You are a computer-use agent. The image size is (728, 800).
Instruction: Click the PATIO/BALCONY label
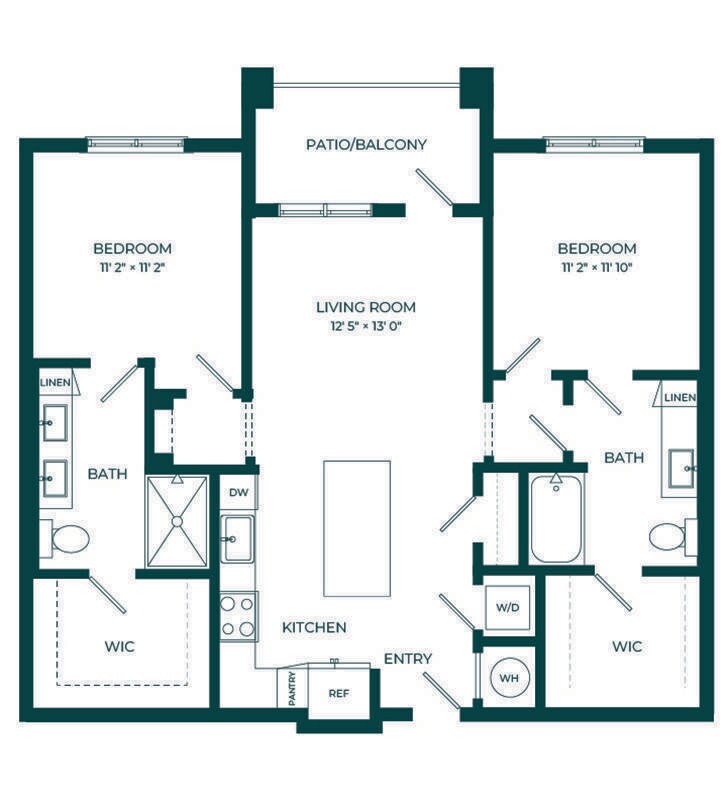pyautogui.click(x=366, y=144)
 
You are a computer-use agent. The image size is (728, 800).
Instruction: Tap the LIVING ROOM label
pyautogui.click(x=366, y=307)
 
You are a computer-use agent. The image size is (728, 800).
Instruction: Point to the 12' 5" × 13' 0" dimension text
pyautogui.click(x=366, y=326)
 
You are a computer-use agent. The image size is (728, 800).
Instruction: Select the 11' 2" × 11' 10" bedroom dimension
pyautogui.click(x=597, y=267)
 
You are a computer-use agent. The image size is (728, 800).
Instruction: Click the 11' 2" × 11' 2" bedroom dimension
pyautogui.click(x=132, y=267)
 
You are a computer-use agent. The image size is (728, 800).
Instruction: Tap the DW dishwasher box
pyautogui.click(x=238, y=492)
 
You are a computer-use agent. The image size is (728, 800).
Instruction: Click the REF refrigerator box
pyautogui.click(x=339, y=693)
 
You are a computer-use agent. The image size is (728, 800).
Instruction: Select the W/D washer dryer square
pyautogui.click(x=507, y=608)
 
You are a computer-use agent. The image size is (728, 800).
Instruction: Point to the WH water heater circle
pyautogui.click(x=509, y=678)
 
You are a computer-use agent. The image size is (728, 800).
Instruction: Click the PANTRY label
pyautogui.click(x=292, y=689)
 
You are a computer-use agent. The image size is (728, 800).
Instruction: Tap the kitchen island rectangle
pyautogui.click(x=357, y=529)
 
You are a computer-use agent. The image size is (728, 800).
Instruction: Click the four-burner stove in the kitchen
pyautogui.click(x=239, y=616)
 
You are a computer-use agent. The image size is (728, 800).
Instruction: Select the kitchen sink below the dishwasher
pyautogui.click(x=237, y=538)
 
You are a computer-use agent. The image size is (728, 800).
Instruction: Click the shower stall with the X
pyautogui.click(x=177, y=521)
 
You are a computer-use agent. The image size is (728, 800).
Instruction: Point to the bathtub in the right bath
pyautogui.click(x=556, y=518)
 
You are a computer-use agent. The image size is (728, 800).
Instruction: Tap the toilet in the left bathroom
pyautogui.click(x=65, y=539)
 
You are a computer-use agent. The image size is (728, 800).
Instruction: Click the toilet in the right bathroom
pyautogui.click(x=673, y=537)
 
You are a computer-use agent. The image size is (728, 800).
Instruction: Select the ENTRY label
pyautogui.click(x=408, y=659)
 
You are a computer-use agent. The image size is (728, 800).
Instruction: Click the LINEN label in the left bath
pyautogui.click(x=55, y=382)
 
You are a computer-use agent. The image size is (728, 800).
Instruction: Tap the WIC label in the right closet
pyautogui.click(x=627, y=646)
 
